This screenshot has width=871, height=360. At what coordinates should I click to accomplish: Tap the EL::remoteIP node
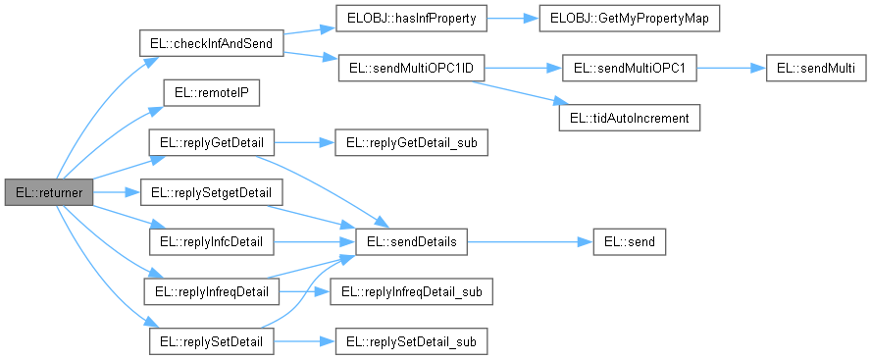tap(210, 93)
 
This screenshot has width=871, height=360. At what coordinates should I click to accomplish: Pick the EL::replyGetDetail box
tap(211, 143)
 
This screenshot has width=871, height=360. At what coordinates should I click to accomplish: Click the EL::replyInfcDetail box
tap(211, 240)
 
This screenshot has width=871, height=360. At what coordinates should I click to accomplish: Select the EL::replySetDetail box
tap(211, 340)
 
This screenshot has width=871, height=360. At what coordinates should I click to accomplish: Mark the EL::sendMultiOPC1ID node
tap(411, 69)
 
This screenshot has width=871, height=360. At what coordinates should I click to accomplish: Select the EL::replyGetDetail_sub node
tap(411, 143)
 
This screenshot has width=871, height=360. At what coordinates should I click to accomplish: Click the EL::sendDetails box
tap(411, 240)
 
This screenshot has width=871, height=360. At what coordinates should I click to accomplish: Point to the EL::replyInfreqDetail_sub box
tap(411, 291)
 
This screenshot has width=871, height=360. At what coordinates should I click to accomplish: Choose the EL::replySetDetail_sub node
tap(411, 340)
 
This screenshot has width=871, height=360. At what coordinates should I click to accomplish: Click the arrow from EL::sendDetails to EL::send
tap(530, 240)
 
